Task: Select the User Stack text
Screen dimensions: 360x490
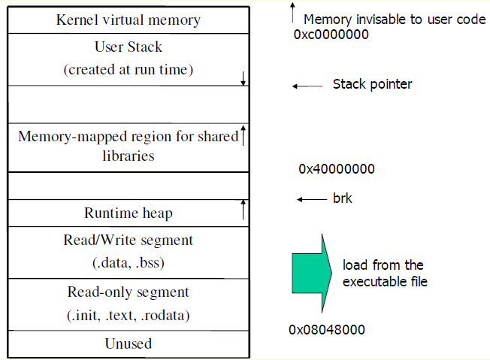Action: coord(128,47)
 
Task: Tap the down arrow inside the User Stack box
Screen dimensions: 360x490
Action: coord(243,77)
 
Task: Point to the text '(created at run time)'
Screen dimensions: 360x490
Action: coord(128,70)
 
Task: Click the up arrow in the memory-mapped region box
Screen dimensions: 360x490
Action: coord(243,136)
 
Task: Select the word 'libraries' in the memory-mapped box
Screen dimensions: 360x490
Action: coord(127,156)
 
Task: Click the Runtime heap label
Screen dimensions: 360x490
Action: coord(127,213)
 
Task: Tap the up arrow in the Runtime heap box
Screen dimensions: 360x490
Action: coord(243,209)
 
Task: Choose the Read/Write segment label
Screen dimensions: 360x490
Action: coord(128,241)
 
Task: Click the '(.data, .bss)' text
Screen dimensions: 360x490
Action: coord(128,264)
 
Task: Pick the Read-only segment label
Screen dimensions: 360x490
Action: coord(128,292)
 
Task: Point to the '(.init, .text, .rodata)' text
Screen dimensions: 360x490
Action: coord(128,316)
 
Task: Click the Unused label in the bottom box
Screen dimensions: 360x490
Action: coord(127,343)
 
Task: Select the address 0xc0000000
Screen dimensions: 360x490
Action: coord(331,35)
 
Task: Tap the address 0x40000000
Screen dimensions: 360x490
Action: coord(336,169)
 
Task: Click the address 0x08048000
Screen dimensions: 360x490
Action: coord(326,330)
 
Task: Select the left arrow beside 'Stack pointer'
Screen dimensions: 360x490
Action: coord(306,86)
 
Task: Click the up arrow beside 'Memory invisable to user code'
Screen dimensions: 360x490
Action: coord(292,13)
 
